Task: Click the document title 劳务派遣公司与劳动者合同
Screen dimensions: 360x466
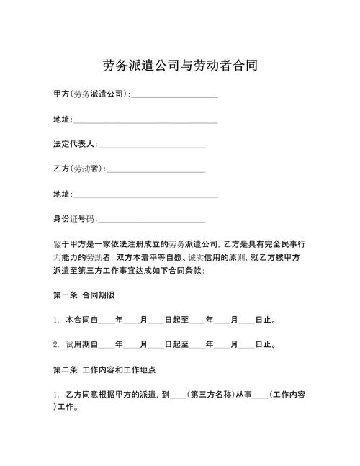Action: click(x=180, y=66)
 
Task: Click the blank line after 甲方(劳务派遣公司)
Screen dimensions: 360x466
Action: click(x=174, y=96)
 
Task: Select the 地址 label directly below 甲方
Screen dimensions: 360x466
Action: click(x=62, y=120)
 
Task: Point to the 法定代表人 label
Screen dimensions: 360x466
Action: click(x=74, y=145)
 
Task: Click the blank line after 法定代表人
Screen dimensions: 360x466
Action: click(x=151, y=146)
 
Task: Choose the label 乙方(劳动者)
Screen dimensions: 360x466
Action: click(x=79, y=169)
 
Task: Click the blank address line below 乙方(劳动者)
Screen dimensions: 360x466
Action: click(x=145, y=196)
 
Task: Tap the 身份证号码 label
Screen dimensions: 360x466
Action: click(x=74, y=219)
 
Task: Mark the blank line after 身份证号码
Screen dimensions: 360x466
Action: click(x=151, y=221)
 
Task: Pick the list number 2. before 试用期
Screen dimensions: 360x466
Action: click(x=56, y=345)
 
